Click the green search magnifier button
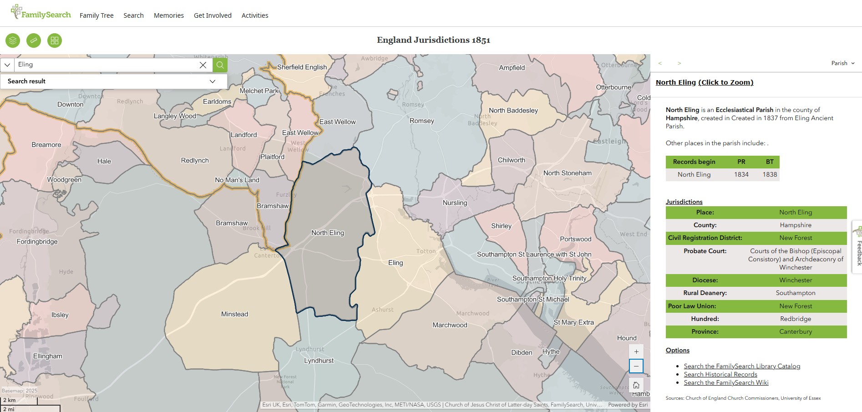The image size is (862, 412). coord(220,65)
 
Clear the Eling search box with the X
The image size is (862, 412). coord(203,65)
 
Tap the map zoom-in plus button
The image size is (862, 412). coord(636,351)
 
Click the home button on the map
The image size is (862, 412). coord(636,385)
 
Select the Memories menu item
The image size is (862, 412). coord(169,15)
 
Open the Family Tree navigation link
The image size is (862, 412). coord(96,15)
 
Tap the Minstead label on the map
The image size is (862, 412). coord(234,314)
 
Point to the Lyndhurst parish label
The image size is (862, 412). coord(319,361)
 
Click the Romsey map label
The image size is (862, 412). coord(422,121)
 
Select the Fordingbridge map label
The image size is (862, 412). coord(37,241)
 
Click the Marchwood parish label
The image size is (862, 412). coord(450,325)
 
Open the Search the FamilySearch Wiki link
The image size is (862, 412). coord(726,382)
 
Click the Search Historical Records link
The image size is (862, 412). coord(720,374)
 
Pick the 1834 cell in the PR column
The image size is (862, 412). coord(741,174)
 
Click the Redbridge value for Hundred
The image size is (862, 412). coord(796,319)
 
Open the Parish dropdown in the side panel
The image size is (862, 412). coord(842,63)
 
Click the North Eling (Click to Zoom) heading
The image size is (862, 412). coord(705,82)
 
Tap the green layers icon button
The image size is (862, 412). coord(13,41)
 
